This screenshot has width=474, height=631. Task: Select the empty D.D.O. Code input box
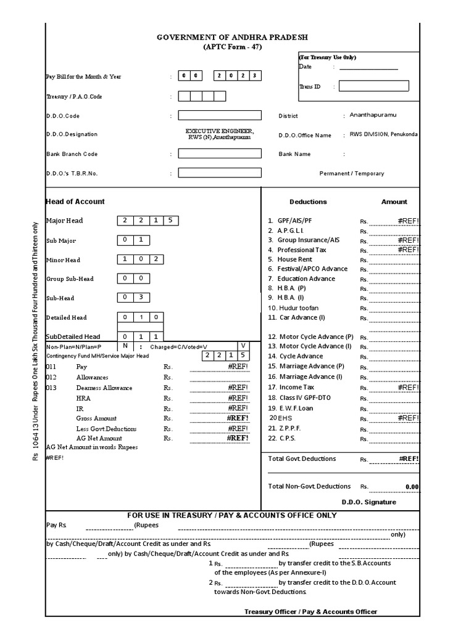[219, 115]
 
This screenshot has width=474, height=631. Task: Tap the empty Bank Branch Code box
[219, 153]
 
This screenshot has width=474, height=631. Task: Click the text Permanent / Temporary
[351, 173]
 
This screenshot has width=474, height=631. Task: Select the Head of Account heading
[75, 202]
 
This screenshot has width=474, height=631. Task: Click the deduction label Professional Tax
[302, 250]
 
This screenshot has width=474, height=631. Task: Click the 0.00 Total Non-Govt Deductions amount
[412, 487]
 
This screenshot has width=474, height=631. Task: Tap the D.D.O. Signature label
[368, 502]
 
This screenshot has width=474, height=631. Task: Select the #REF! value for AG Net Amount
[238, 438]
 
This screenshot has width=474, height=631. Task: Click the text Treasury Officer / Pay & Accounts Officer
[310, 611]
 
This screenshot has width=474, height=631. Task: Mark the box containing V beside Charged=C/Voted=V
[243, 346]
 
